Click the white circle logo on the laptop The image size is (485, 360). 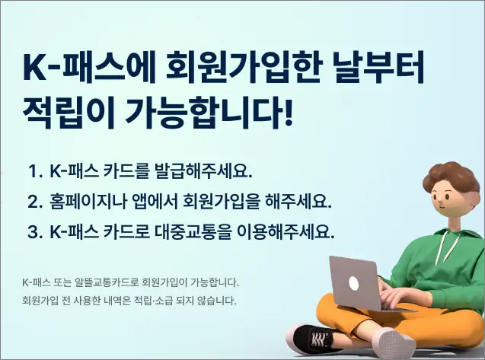point(354,284)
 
